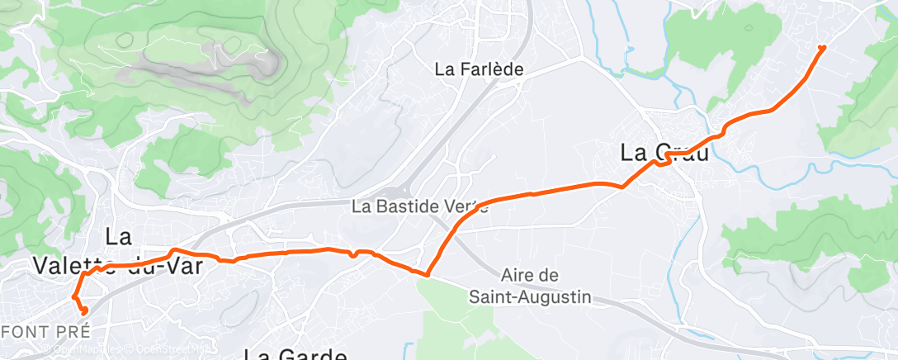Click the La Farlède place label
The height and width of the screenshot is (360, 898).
(x=480, y=70)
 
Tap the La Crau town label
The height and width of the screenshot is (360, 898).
(x=664, y=153)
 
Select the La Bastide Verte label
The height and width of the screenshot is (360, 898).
(x=419, y=206)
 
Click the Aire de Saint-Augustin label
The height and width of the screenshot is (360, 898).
(x=530, y=285)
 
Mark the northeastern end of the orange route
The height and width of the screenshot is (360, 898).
(x=822, y=48)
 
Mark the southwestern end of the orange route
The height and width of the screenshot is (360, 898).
(x=84, y=310)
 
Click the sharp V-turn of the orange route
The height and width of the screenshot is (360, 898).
(x=428, y=274)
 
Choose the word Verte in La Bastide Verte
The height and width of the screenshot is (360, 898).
(x=466, y=206)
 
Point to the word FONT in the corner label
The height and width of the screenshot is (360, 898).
(x=27, y=332)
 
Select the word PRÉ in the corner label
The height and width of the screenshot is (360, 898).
(x=71, y=332)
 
